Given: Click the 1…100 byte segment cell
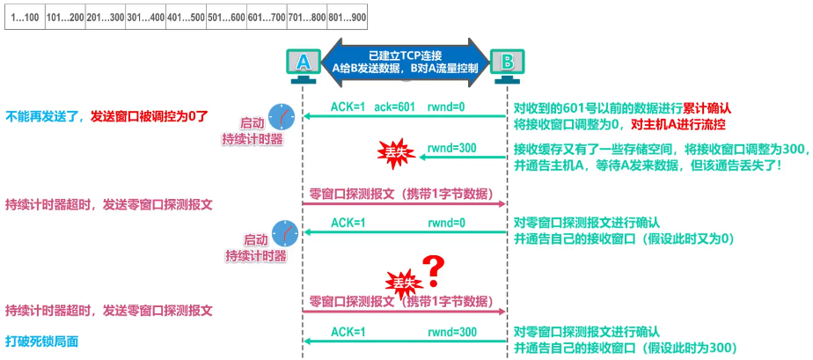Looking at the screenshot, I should [x=26, y=17].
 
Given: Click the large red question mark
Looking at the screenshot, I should [x=431, y=265].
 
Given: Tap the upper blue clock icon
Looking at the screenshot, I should [x=281, y=116].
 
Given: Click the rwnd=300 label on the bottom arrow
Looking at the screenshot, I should [x=451, y=332].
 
